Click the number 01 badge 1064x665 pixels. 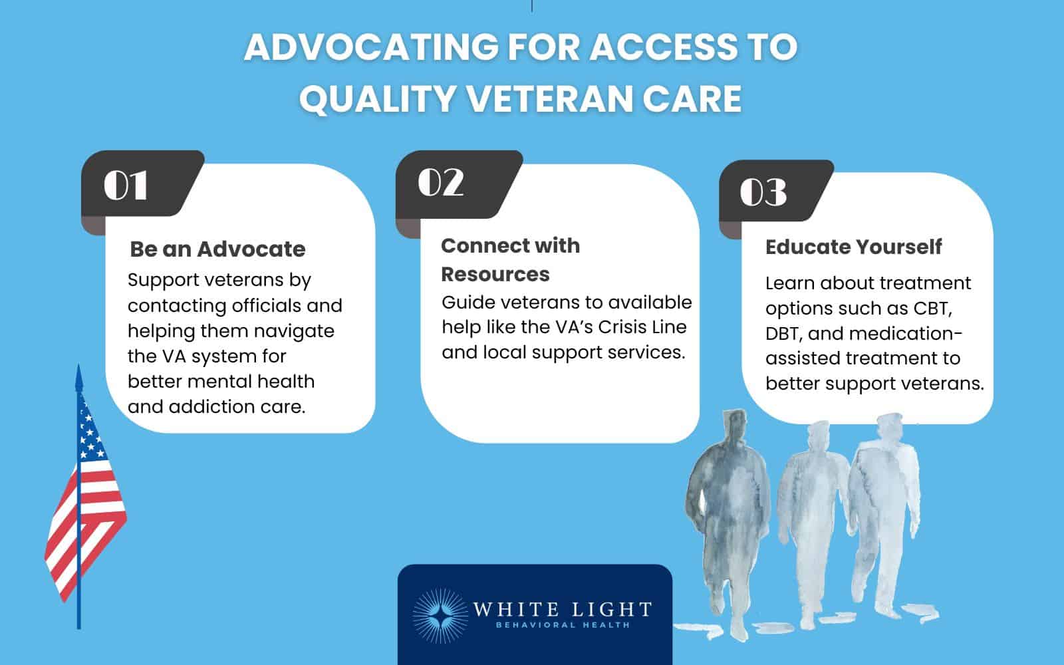126,186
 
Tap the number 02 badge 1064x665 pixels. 440,182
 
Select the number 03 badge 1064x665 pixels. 763,192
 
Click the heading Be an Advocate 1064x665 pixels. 217,249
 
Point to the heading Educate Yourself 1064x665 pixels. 853,247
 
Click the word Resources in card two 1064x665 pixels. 495,274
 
